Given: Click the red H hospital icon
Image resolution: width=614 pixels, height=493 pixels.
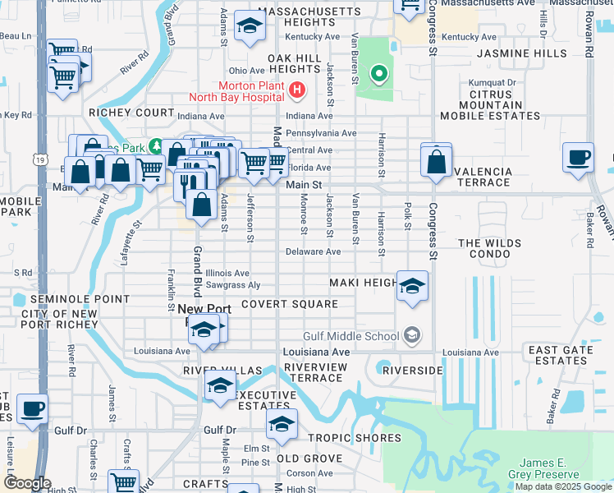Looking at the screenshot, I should [297, 89].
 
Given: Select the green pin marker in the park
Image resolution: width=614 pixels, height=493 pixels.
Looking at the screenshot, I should [378, 76].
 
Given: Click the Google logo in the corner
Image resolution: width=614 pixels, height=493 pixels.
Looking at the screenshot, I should [28, 483].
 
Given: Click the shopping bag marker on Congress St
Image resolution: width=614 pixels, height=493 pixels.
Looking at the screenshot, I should [437, 160].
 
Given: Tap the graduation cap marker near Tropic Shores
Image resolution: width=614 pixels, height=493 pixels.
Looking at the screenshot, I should [282, 424].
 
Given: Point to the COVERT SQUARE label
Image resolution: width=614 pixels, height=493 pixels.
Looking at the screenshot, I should [290, 304].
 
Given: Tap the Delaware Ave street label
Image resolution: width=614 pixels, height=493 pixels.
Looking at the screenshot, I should [313, 251].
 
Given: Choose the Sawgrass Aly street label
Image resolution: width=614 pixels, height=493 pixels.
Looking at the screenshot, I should [232, 285].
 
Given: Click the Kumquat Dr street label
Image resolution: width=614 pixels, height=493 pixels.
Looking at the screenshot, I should [492, 83].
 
